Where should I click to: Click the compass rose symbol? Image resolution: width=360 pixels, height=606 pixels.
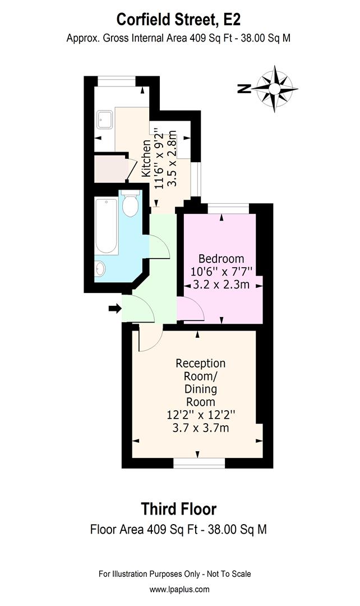click(x=275, y=89)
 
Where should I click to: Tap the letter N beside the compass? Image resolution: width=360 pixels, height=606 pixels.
click(x=243, y=88)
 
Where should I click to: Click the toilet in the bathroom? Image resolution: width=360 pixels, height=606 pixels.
click(x=130, y=204)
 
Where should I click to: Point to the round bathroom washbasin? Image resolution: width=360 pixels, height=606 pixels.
click(x=101, y=269)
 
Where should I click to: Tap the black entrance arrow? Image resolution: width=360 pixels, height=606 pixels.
click(x=114, y=308)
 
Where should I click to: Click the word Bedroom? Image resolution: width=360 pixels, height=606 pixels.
click(x=221, y=259)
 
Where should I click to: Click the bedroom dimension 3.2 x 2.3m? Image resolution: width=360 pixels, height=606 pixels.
click(x=221, y=284)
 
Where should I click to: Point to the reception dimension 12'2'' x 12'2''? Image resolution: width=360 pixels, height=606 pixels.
click(x=201, y=416)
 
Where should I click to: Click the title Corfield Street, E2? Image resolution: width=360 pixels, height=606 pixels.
click(x=179, y=20)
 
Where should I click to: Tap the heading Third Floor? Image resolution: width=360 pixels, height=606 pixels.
click(x=178, y=509)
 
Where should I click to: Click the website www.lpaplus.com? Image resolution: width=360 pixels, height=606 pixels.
click(x=179, y=589)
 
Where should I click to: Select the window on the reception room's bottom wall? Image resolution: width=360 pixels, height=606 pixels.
click(x=199, y=463)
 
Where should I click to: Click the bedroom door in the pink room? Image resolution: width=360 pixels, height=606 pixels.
click(x=190, y=309)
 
